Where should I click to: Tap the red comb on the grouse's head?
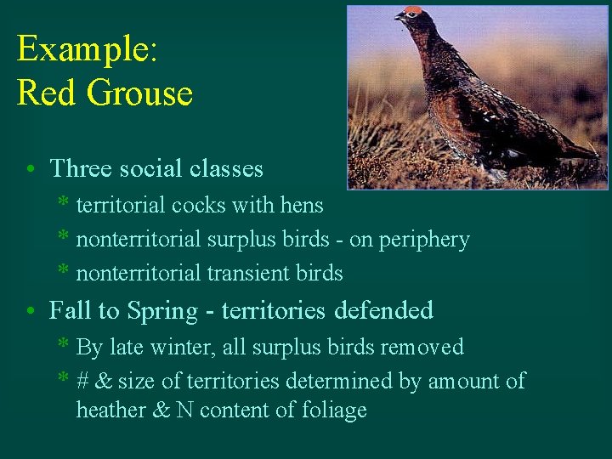pyautogui.click(x=413, y=11)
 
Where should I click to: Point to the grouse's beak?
pyautogui.click(x=399, y=16)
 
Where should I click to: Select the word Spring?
pyautogui.click(x=165, y=311)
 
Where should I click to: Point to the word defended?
pyautogui.click(x=383, y=310)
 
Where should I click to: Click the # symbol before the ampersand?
pyautogui.click(x=83, y=381)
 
